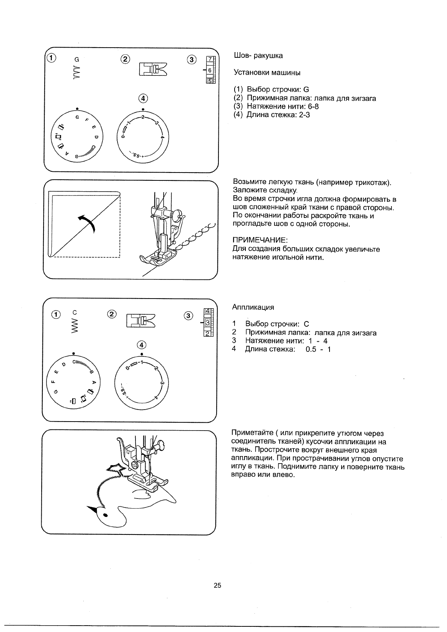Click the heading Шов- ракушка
click(258, 56)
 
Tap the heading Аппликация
click(253, 308)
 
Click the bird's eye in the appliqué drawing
click(105, 514)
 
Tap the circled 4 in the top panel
click(143, 99)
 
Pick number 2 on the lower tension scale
click(207, 333)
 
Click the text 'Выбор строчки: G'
click(277, 90)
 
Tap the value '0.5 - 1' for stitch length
click(318, 350)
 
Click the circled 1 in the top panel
click(51, 58)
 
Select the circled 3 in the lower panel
click(188, 315)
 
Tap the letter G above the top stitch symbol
click(77, 59)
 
